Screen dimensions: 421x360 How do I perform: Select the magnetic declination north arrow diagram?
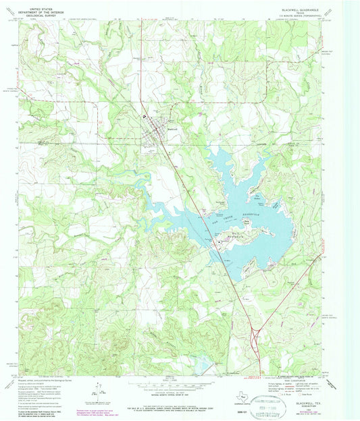[x=99, y=389]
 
